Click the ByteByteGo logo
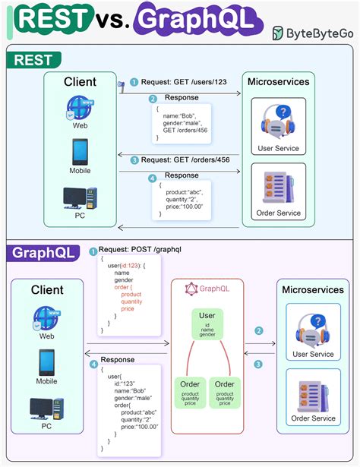click(311, 33)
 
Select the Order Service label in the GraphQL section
click(313, 418)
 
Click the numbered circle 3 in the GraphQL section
click(259, 364)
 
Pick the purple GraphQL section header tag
click(43, 254)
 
